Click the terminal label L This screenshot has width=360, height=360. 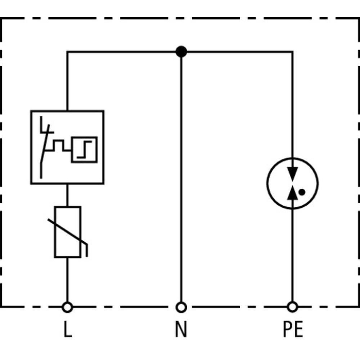pyautogui.click(x=67, y=330)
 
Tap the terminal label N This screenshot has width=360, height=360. pyautogui.click(x=181, y=330)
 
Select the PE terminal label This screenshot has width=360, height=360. pyautogui.click(x=293, y=330)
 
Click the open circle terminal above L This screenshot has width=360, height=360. pyautogui.click(x=67, y=307)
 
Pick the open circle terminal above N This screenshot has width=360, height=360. pyautogui.click(x=181, y=307)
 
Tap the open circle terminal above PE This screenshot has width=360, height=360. pyautogui.click(x=293, y=307)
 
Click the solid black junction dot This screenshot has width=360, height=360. pyautogui.click(x=181, y=52)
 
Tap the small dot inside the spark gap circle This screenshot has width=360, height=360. pyautogui.click(x=302, y=192)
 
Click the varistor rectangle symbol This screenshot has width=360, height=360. pyautogui.click(x=67, y=232)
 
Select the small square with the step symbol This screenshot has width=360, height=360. pyautogui.click(x=84, y=149)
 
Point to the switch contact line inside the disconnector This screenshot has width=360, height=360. pyautogui.click(x=44, y=155)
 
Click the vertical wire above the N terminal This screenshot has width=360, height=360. pyautogui.click(x=181, y=180)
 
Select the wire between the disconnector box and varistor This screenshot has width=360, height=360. pyautogui.click(x=67, y=195)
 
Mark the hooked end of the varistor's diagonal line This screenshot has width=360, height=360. pyautogui.click(x=86, y=250)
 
